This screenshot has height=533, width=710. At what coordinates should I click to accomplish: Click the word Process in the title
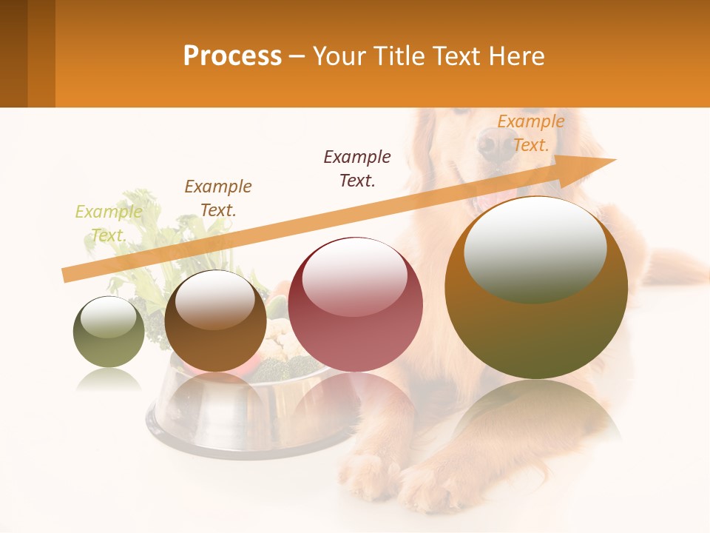tap(232, 56)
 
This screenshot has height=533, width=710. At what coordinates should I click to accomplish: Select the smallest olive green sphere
tap(109, 332)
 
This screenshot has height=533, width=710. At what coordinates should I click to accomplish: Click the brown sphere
tap(215, 321)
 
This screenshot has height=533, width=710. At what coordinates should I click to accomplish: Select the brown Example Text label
tap(218, 198)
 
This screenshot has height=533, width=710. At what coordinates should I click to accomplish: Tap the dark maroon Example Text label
tap(357, 168)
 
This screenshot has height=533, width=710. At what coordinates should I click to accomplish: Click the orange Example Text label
tap(530, 133)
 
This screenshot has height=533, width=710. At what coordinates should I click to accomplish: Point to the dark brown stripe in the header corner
tap(13, 53)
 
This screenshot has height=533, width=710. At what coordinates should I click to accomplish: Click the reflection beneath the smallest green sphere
tap(109, 380)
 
